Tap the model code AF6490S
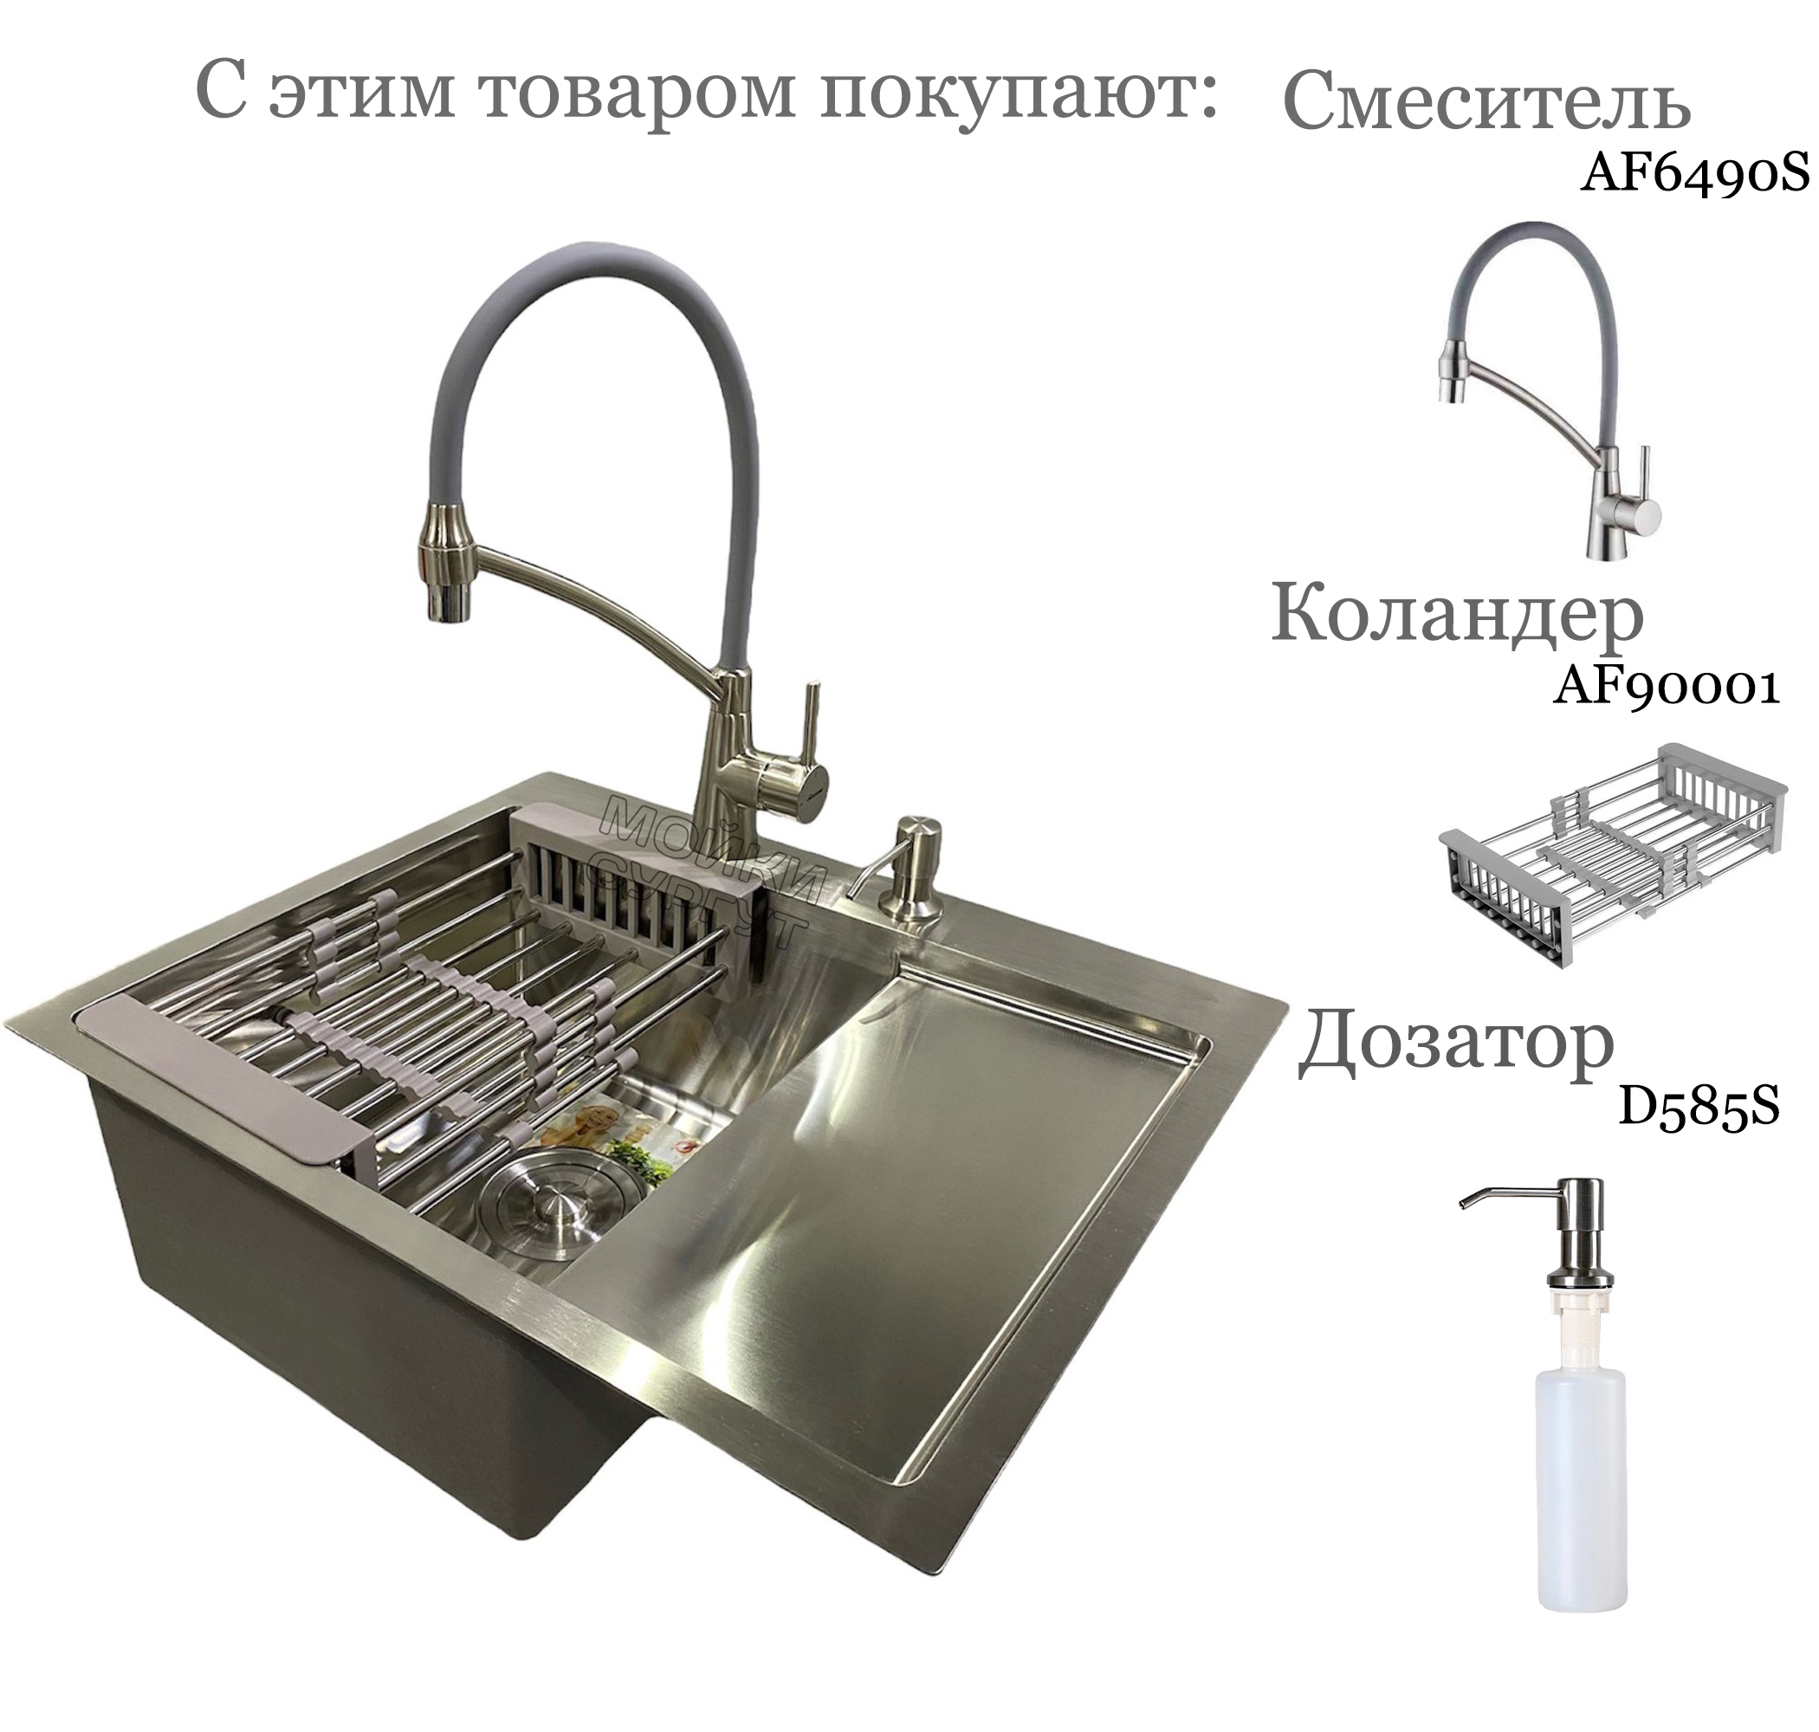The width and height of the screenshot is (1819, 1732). (x=1694, y=172)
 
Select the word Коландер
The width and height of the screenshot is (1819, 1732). (x=1457, y=614)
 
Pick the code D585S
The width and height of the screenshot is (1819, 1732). (x=1698, y=1107)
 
